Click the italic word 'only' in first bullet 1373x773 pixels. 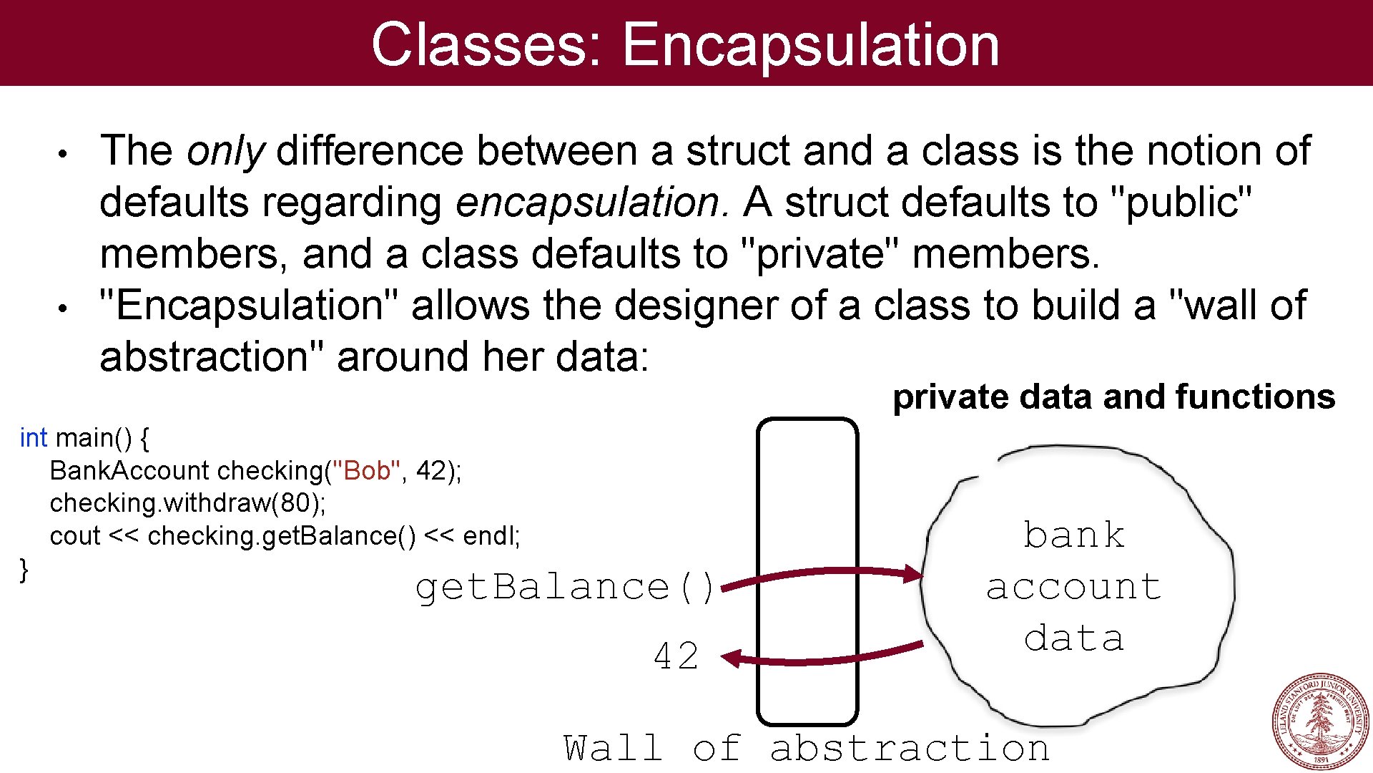tap(225, 152)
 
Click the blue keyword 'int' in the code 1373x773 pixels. tap(33, 437)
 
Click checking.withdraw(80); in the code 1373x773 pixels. tap(187, 503)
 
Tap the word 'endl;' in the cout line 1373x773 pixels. tap(491, 535)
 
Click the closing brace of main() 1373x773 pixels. tap(24, 569)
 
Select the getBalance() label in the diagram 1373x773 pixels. tap(564, 588)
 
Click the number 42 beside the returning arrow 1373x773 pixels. tap(676, 656)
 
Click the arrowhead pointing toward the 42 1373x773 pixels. tap(731, 658)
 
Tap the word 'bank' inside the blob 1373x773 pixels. tap(1073, 535)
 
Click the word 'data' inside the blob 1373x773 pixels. tap(1073, 638)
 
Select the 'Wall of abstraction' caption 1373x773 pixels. tap(806, 749)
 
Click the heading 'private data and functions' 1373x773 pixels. tap(1113, 397)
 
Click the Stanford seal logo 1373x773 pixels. tap(1319, 721)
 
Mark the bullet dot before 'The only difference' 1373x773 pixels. tap(63, 154)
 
